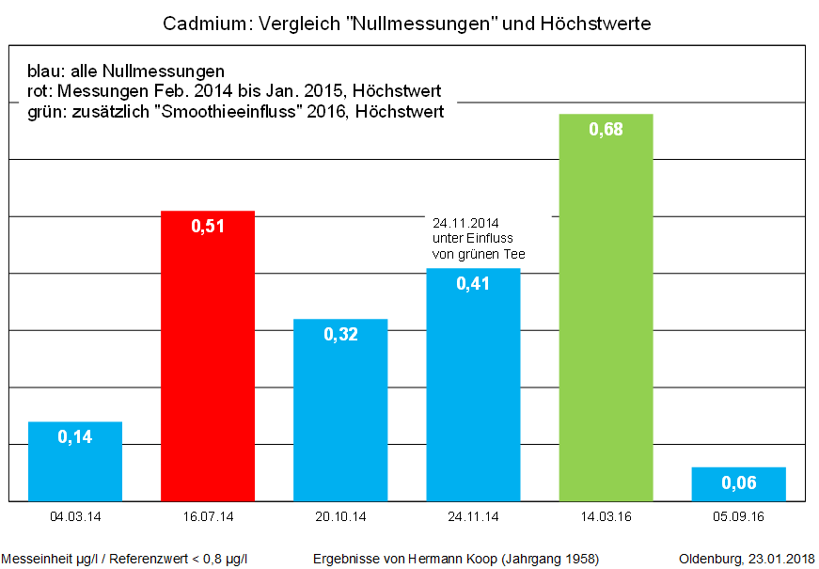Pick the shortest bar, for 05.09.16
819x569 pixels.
tap(738, 483)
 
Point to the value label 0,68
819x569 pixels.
tap(606, 130)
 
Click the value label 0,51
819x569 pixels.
tap(208, 227)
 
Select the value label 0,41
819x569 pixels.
tap(473, 283)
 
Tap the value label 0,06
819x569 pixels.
tap(738, 483)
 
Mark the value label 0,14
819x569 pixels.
tap(75, 436)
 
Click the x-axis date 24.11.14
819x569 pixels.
tap(473, 516)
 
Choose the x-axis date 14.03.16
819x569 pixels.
tap(606, 516)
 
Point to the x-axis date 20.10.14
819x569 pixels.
tap(340, 516)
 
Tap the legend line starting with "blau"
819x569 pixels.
tap(126, 71)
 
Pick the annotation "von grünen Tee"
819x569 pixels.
tap(478, 254)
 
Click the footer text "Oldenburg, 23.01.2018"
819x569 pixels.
tap(747, 559)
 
